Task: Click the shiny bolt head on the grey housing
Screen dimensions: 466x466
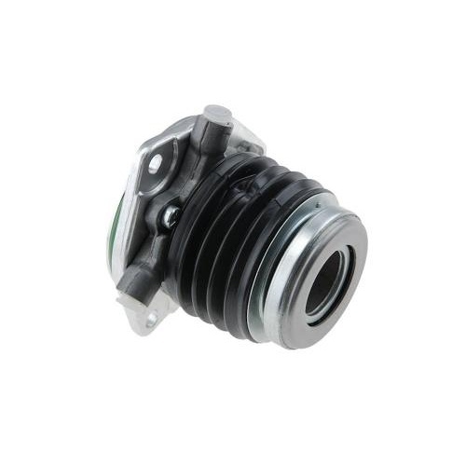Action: coord(171,216)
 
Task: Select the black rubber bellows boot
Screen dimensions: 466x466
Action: coord(233,233)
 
